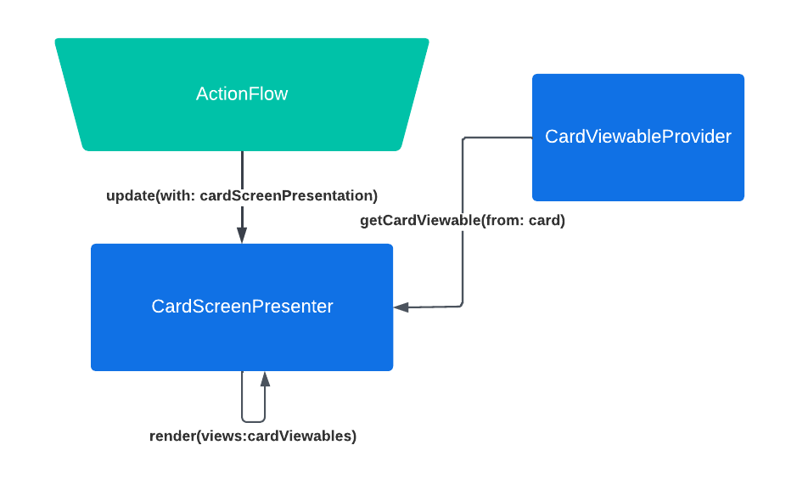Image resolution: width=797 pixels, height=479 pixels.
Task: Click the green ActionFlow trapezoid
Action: [x=242, y=94]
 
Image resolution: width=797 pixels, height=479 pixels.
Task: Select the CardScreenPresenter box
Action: [x=242, y=307]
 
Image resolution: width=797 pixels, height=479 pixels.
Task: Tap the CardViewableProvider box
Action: [x=638, y=138]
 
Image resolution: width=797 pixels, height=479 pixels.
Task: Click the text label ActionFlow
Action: [x=242, y=94]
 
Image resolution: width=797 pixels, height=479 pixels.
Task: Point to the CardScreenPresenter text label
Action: [x=242, y=307]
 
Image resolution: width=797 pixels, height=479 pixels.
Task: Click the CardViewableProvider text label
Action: [x=638, y=136]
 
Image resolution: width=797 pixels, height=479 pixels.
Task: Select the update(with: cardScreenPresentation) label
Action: [x=242, y=196]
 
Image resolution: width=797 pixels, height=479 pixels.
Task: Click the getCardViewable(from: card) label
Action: [x=463, y=220]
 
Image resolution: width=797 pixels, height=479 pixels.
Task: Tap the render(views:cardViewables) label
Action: [x=253, y=437]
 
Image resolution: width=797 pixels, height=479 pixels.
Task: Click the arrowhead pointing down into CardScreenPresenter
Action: [x=242, y=235]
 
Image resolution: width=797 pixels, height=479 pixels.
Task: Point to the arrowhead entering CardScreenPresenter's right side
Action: [x=401, y=307]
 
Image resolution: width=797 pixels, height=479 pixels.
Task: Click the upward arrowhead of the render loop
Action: [x=265, y=380]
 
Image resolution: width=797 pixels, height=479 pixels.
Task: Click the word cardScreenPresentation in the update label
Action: [x=289, y=196]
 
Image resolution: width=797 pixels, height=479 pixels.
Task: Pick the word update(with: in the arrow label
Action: [x=150, y=196]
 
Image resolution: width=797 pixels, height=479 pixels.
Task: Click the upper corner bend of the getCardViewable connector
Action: [x=463, y=138]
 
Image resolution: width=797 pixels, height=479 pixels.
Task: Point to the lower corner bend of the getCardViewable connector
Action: [x=462, y=306]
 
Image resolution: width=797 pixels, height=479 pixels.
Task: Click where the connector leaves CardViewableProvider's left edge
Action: [x=532, y=138]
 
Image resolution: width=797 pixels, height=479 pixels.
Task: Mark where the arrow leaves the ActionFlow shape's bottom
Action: [x=242, y=151]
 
